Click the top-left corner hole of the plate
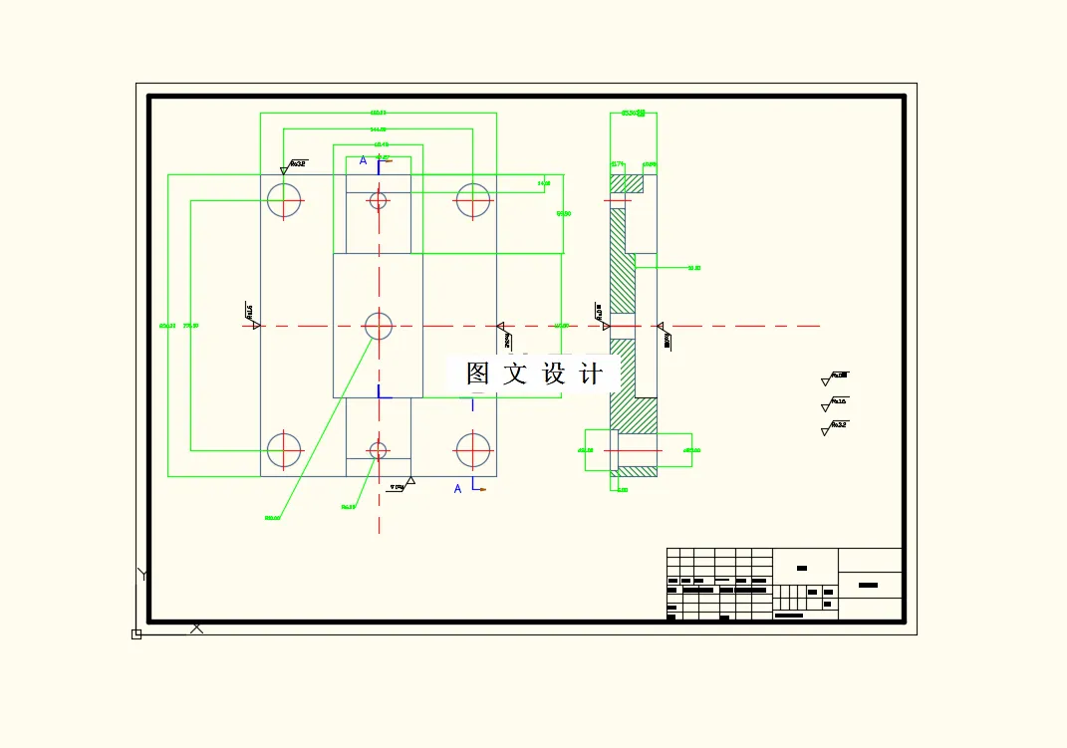pyautogui.click(x=284, y=200)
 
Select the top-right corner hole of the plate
pyautogui.click(x=473, y=200)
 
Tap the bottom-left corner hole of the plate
pyautogui.click(x=284, y=450)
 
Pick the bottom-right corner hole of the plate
pyautogui.click(x=473, y=450)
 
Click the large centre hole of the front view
pyautogui.click(x=379, y=326)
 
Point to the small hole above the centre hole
pyautogui.click(x=379, y=200)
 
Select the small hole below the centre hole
pyautogui.click(x=379, y=450)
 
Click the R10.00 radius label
pyautogui.click(x=272, y=518)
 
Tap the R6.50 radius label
pyautogui.click(x=349, y=507)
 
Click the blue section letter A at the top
pyautogui.click(x=364, y=160)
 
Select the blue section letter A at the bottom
pyautogui.click(x=458, y=488)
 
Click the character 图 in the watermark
pyautogui.click(x=478, y=374)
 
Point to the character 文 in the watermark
pyautogui.click(x=515, y=374)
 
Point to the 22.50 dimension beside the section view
pyautogui.click(x=694, y=268)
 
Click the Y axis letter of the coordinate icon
pyautogui.click(x=143, y=574)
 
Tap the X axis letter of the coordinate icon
pyautogui.click(x=197, y=627)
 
